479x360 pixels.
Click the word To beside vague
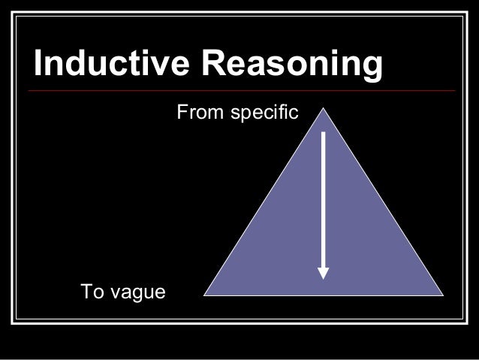tap(92, 292)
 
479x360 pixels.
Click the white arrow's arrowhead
tap(324, 272)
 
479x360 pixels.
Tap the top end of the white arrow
tap(324, 132)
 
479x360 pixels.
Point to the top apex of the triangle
tap(324, 108)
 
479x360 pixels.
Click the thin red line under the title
tap(240, 91)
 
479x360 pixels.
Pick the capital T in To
tap(86, 292)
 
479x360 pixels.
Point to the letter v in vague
tap(116, 293)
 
